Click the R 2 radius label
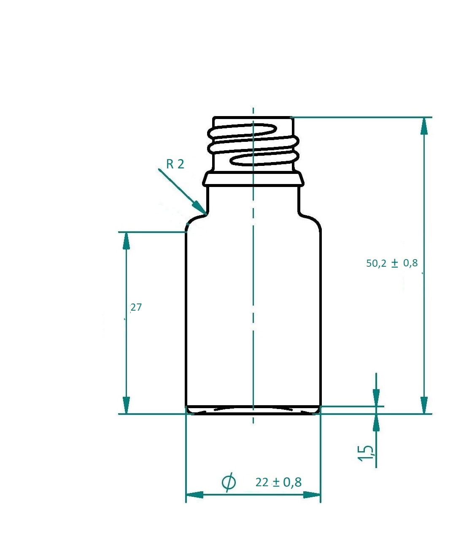pos(175,164)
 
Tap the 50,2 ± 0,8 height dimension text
pos(392,263)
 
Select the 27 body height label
pos(136,307)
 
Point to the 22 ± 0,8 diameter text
pos(278,482)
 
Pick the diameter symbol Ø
pos(229,482)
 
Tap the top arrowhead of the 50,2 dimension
pos(424,125)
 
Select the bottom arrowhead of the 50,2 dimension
pos(424,405)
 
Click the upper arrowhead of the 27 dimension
pos(126,240)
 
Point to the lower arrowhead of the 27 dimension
pos(126,405)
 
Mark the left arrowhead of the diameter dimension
pos(194,495)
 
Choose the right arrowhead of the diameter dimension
pos(312,495)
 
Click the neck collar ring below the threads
pos(253,179)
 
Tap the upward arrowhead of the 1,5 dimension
pos(376,422)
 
